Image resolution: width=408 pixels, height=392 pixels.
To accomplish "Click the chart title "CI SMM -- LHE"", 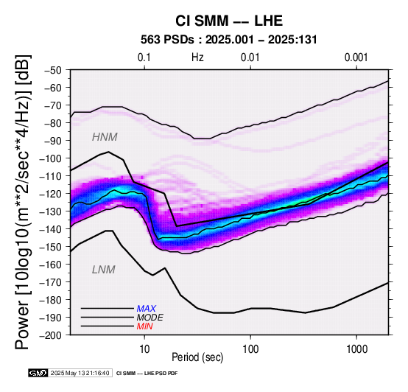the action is coord(229,21).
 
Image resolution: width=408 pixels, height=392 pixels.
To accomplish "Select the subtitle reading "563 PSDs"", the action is coord(167,40).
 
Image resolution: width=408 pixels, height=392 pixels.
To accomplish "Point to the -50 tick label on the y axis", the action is coord(52,70).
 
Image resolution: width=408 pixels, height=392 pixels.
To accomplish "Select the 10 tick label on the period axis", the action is coord(144,349).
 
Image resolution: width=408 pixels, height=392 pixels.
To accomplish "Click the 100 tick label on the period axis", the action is coord(250,349).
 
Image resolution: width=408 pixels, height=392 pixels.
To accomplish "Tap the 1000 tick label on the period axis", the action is coord(356,349).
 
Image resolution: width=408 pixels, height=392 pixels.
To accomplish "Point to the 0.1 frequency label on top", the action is coord(144,57).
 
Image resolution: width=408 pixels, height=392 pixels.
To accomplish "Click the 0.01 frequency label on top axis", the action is coord(250,57).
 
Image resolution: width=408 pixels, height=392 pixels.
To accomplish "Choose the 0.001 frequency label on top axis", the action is coord(356,57).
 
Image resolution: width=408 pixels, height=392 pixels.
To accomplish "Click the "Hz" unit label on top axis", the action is coord(197,57).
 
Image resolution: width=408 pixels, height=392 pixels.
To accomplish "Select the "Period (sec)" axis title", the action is coord(197,357).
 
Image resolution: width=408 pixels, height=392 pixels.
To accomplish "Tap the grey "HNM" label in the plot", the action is coord(105,137).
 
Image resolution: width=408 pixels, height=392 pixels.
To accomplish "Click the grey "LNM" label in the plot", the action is coord(104,270).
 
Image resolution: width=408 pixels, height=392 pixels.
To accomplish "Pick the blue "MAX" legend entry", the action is coord(147,309).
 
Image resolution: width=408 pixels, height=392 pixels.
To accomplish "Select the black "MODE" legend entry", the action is coord(150,318).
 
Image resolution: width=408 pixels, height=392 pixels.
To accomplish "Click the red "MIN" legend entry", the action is coord(144,326).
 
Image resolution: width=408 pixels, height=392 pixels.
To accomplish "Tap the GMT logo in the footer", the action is coord(38,373).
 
